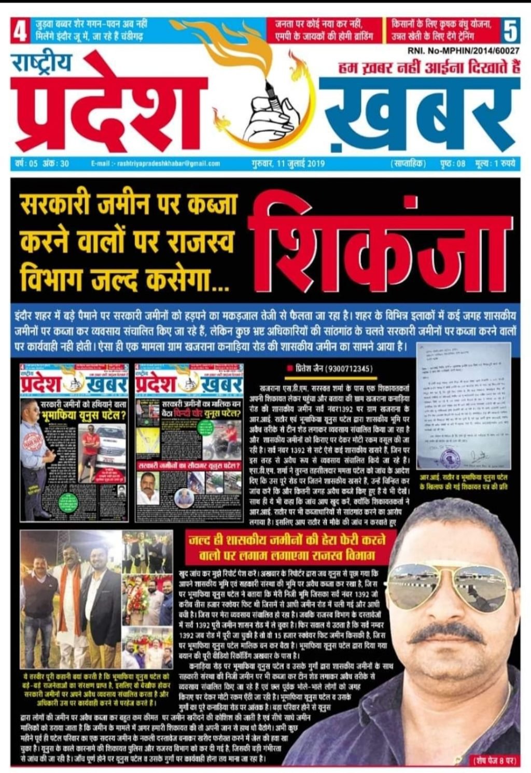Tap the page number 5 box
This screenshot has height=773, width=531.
510,31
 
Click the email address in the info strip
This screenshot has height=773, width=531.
156,163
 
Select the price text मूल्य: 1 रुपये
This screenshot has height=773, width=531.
495,163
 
